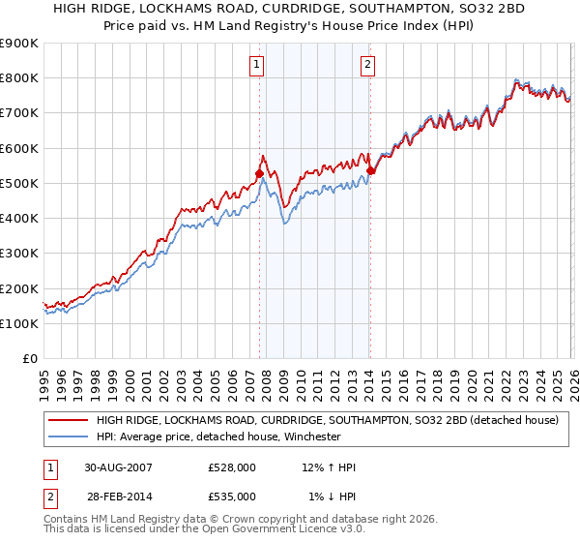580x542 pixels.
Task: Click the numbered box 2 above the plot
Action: coord(368,66)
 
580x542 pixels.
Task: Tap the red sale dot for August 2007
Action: coord(259,174)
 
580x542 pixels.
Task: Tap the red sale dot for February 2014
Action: coord(370,171)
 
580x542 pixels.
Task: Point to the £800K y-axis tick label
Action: coord(19,78)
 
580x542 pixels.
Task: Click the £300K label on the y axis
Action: coord(19,254)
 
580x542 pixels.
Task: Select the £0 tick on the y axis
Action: coord(29,359)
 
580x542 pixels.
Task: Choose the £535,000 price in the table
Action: coord(231,496)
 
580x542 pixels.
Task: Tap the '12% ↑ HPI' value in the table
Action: coord(329,467)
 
